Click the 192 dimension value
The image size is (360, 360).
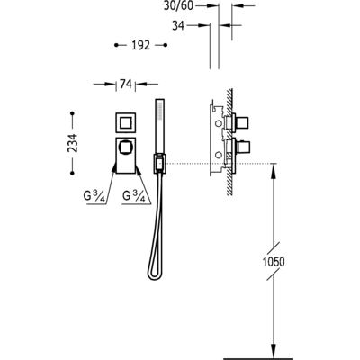pyautogui.click(x=140, y=45)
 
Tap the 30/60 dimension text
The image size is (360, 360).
pyautogui.click(x=178, y=5)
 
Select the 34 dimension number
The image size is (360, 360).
pyautogui.click(x=178, y=26)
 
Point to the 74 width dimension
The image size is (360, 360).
pyautogui.click(x=126, y=85)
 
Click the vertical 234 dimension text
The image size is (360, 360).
pyautogui.click(x=73, y=143)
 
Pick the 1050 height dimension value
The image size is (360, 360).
pyautogui.click(x=274, y=262)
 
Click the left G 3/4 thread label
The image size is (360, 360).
pyautogui.click(x=94, y=196)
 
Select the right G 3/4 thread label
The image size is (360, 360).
pyautogui.click(x=134, y=196)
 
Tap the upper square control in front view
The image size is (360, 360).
pyautogui.click(x=125, y=122)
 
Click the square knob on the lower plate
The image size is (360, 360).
pyautogui.click(x=124, y=148)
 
